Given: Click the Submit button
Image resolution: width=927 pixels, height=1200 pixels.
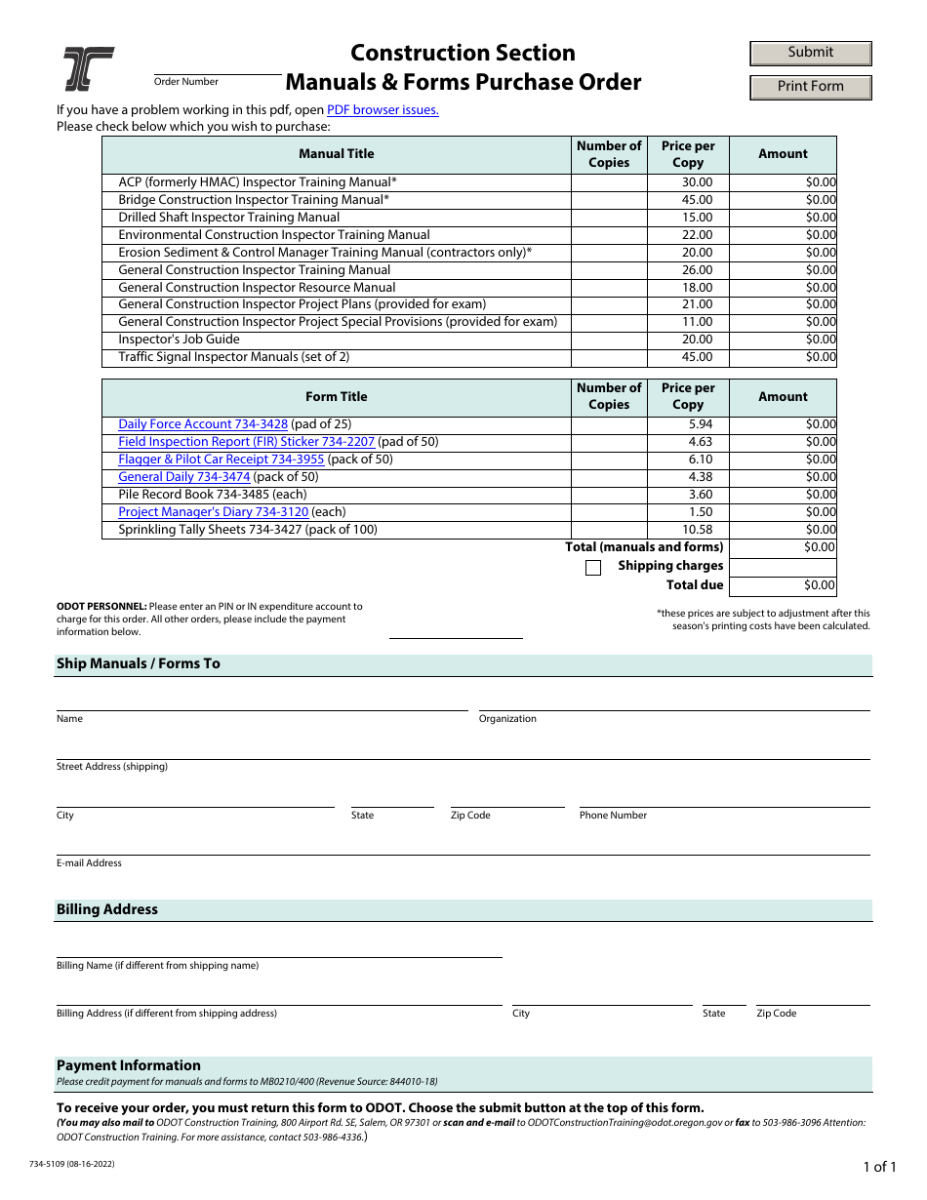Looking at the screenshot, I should [810, 53].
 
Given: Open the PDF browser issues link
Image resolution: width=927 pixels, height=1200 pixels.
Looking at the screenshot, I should [383, 110].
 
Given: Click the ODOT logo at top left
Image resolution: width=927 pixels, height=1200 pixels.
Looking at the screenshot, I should [89, 68].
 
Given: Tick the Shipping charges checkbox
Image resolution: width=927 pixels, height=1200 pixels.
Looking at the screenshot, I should [593, 568].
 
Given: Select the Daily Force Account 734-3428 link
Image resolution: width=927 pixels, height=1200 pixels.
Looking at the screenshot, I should [203, 424].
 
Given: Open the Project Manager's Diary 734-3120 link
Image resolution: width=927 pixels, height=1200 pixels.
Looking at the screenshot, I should [213, 512].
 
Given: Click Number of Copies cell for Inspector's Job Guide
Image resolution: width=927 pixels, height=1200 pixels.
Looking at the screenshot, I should [609, 340].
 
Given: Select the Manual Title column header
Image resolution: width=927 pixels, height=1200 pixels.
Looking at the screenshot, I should [336, 154].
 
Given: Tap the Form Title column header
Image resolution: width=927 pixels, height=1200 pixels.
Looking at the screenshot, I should [336, 397].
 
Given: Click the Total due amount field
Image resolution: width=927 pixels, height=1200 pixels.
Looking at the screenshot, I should [783, 585].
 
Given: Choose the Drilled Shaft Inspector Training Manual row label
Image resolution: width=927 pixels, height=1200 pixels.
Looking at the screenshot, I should [229, 218].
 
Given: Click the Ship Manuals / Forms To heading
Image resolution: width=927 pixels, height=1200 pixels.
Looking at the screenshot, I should [139, 664].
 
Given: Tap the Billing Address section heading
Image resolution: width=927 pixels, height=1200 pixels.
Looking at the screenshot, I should [107, 909].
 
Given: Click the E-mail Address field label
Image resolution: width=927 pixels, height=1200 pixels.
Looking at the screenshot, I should [89, 863].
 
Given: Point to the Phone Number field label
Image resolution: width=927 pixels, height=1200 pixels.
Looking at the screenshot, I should [613, 816].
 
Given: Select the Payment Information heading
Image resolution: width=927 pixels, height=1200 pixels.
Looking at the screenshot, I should [129, 1065].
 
